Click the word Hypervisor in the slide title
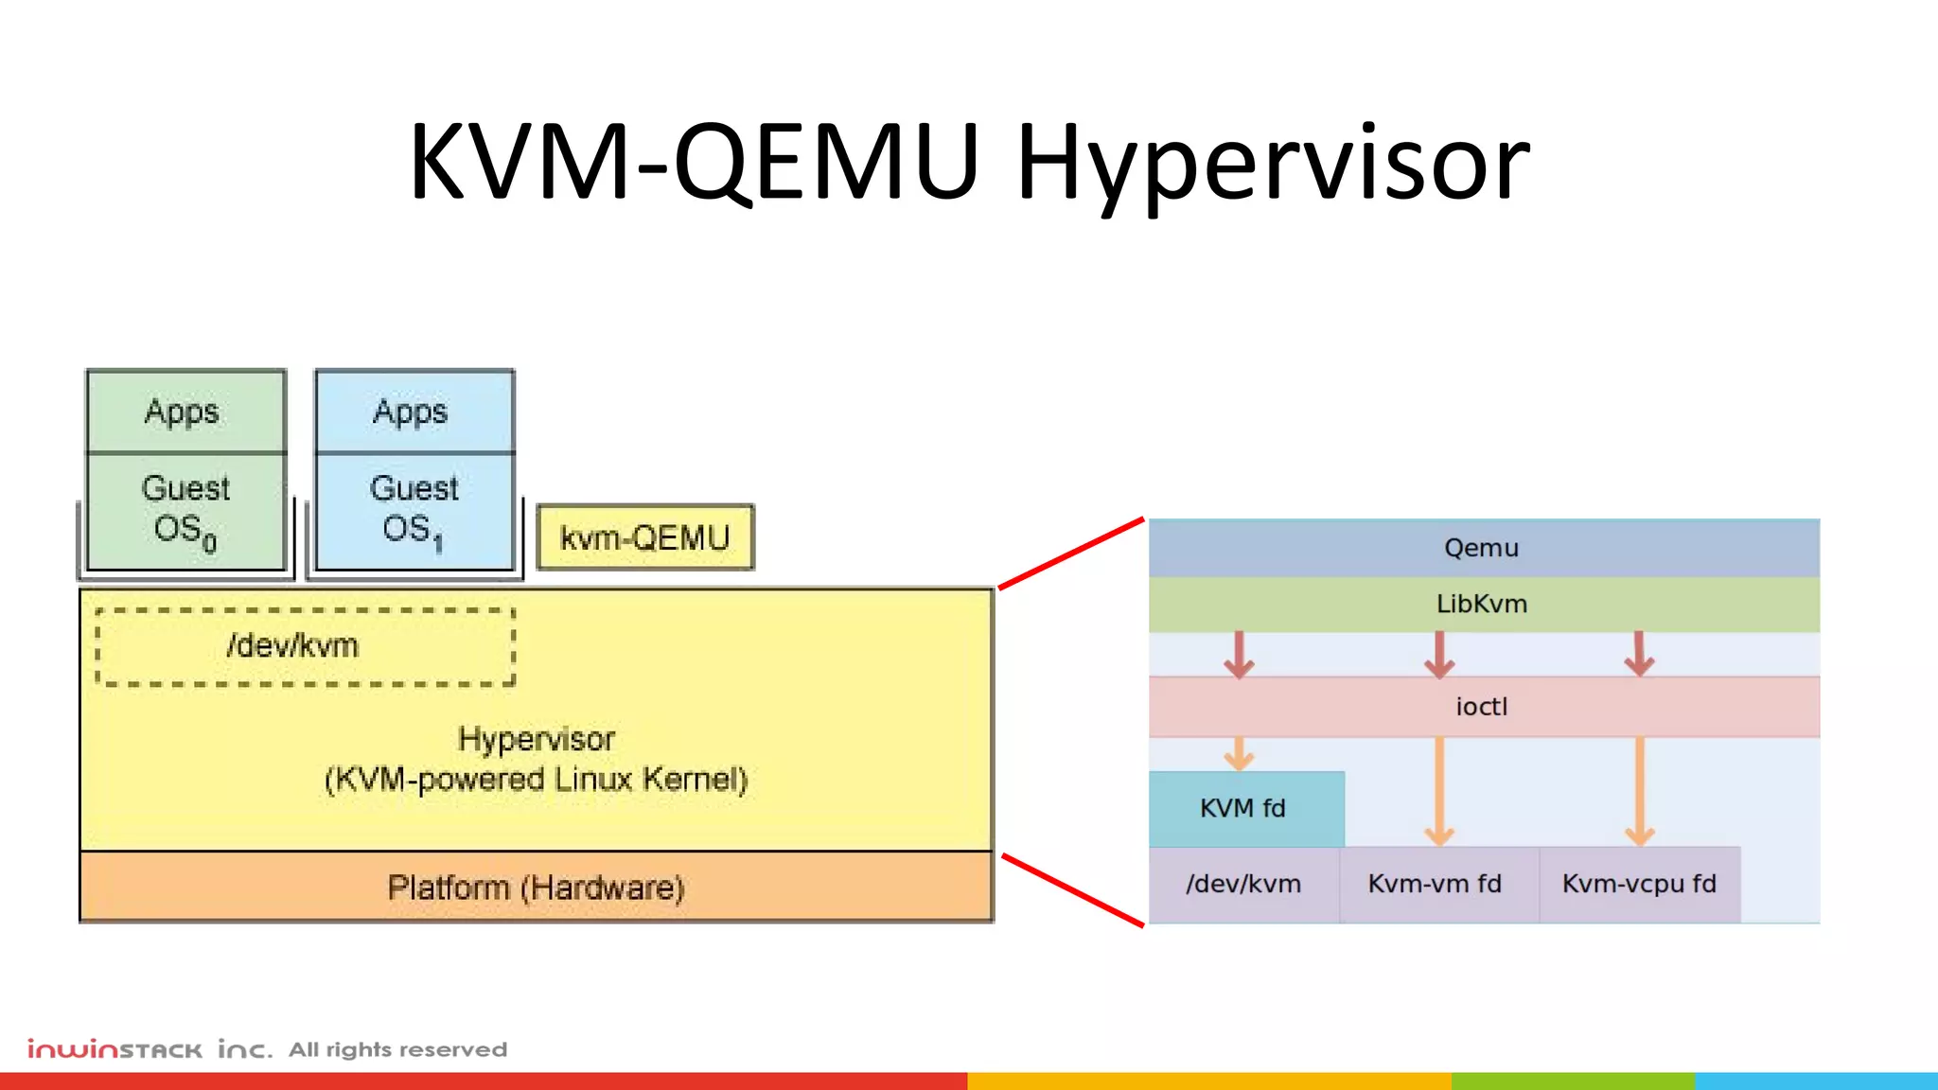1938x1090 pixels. click(1272, 163)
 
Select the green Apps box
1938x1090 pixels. click(185, 412)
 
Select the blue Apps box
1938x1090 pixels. click(414, 412)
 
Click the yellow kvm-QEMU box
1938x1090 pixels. click(645, 537)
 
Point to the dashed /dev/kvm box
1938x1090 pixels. click(305, 646)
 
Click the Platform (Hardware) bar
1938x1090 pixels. click(536, 888)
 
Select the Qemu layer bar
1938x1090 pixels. click(1482, 548)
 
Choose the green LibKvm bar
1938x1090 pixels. click(1482, 604)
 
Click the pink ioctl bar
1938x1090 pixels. click(1482, 707)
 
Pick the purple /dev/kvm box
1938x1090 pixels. click(1243, 884)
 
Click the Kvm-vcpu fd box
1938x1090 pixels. click(1639, 884)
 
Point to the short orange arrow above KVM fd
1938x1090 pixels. click(1239, 754)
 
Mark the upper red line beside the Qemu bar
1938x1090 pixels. click(1071, 554)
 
